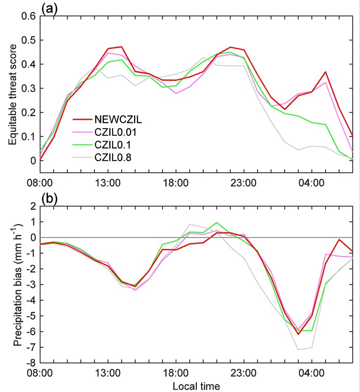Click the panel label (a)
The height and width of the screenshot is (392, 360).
click(x=49, y=8)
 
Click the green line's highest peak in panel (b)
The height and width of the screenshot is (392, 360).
click(x=217, y=223)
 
